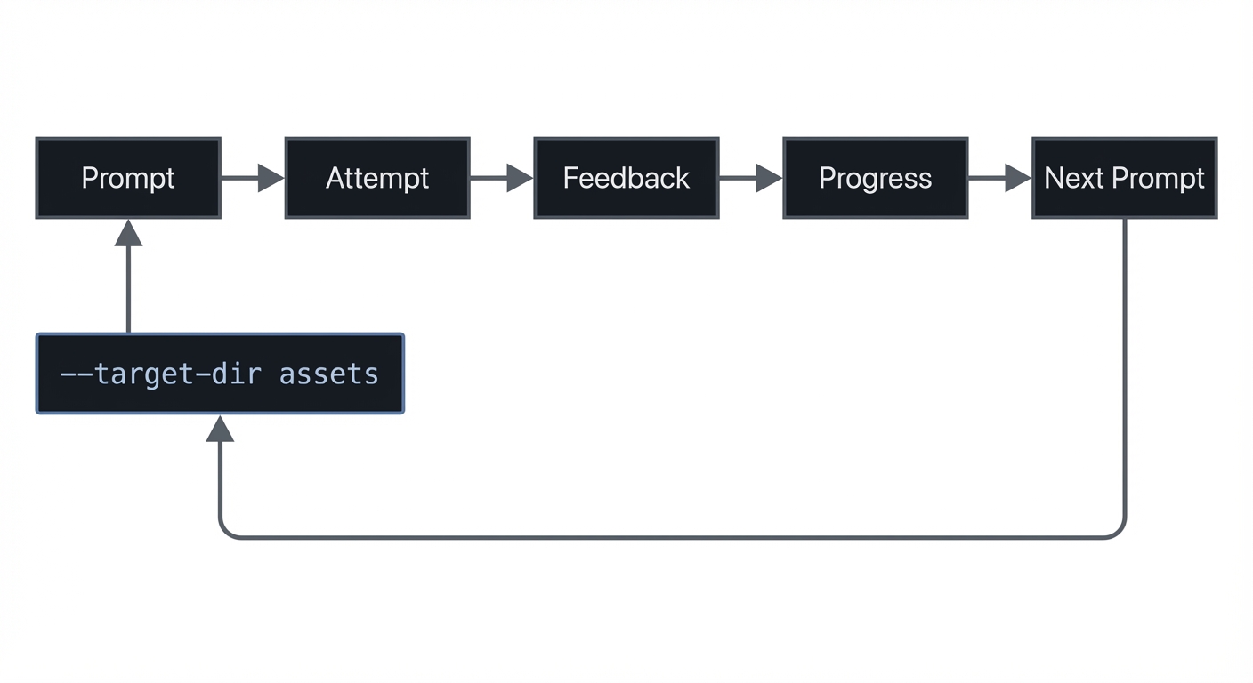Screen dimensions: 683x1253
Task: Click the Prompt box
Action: coord(128,178)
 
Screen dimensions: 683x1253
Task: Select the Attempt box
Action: coord(377,178)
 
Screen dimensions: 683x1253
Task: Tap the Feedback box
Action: coord(626,178)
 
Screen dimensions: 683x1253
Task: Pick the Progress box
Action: coord(876,178)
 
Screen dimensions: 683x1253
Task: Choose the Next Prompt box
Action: coord(1125,178)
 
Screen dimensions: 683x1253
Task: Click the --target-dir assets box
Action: coord(220,374)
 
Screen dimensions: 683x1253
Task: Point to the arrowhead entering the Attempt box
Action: coord(271,178)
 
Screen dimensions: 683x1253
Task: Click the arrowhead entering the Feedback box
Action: coord(520,178)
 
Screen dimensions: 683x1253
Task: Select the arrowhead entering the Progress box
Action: coord(769,178)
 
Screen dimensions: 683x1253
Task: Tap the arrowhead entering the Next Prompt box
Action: coord(1018,178)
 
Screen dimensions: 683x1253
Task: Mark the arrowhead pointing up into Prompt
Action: coord(128,233)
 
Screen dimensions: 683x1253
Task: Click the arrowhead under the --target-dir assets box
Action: coord(220,429)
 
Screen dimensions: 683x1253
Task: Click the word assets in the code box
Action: coord(329,374)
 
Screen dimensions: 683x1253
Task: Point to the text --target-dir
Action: coord(160,374)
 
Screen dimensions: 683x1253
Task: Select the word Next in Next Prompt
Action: coord(1074,178)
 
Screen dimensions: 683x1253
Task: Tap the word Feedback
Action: coord(626,178)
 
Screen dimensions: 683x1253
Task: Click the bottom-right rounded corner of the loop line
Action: coord(1119,531)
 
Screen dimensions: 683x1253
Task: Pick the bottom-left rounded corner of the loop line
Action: coord(226,531)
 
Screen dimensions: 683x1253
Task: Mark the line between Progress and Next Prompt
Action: coord(986,178)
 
